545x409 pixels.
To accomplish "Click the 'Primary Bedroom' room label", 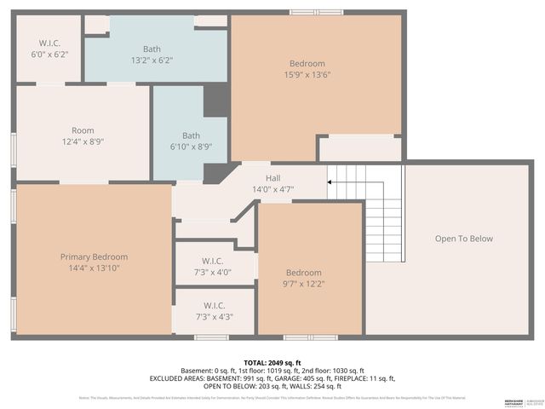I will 94,256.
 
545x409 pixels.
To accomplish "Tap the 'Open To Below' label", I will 463,239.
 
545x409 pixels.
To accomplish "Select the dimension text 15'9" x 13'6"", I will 307,75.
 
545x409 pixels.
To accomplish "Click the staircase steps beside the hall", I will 366,213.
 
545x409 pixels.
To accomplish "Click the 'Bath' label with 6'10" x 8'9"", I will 191,135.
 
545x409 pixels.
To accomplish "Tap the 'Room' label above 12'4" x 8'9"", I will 83,130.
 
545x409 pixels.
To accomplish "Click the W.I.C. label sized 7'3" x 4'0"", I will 214,261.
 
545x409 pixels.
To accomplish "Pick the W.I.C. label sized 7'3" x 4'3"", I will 214,305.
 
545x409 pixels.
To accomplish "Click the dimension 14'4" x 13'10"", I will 94,268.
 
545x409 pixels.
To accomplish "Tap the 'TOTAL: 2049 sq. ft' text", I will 272,362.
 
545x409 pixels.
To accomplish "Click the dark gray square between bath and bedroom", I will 215,100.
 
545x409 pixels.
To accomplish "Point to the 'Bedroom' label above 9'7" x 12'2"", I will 303,273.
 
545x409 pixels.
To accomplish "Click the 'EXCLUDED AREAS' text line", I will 272,378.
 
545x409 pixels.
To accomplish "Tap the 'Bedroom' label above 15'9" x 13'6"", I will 307,64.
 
